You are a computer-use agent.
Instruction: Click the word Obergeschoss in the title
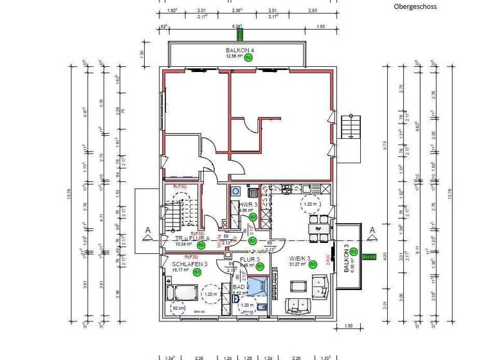coord(415,6)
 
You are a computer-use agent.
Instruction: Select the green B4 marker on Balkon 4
coord(249,57)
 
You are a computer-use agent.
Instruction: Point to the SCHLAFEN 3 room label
coord(189,264)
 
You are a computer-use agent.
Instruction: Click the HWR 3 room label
coord(248,204)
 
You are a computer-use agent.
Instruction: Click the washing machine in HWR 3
coord(235,192)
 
